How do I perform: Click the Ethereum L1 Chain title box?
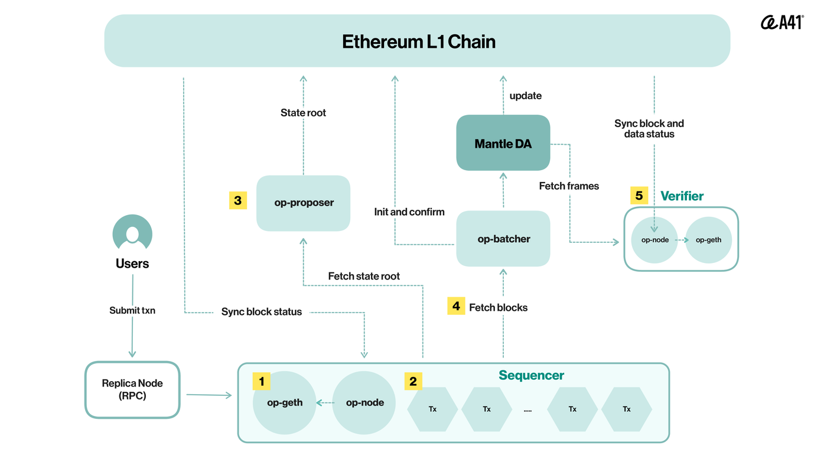pos(417,41)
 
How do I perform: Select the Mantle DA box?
pos(503,142)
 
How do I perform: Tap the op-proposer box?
pos(304,203)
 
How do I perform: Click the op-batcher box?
pos(503,239)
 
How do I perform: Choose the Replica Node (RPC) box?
pos(132,389)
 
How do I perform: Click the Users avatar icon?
pos(132,233)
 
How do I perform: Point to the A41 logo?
pos(782,22)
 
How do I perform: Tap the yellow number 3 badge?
pos(238,200)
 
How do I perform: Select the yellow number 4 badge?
pos(456,306)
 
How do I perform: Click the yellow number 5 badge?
pos(639,196)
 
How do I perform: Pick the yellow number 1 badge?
pos(261,381)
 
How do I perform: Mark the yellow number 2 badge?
pos(413,381)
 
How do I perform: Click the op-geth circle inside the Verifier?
pos(708,240)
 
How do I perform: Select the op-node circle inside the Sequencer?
pos(364,402)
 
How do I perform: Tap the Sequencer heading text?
pos(531,375)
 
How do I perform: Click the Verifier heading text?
pos(682,196)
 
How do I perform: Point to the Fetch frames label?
pos(569,186)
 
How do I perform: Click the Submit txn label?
pos(132,310)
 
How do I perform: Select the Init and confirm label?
pos(409,212)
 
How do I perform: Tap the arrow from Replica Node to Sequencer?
pos(209,395)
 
